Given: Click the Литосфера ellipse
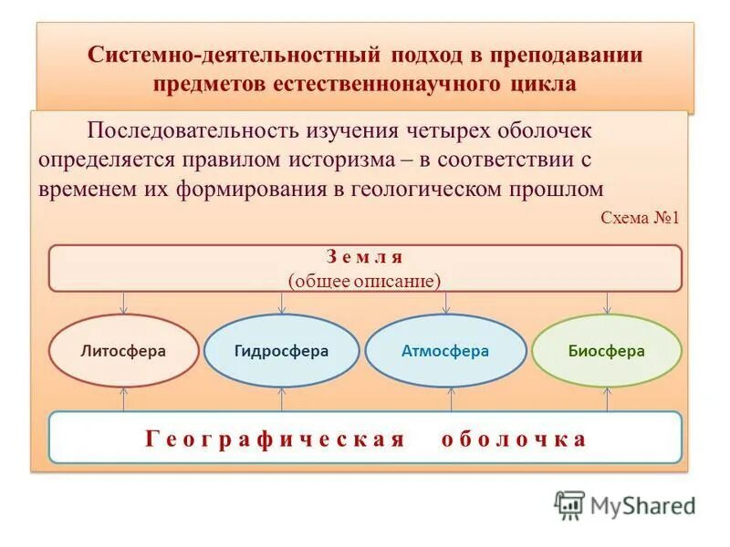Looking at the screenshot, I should (123, 351).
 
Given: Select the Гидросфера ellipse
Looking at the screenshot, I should (281, 351).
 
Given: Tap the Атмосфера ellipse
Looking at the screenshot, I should (445, 351).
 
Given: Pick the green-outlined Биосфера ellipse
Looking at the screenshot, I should (606, 351).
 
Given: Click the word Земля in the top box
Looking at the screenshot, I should (364, 257).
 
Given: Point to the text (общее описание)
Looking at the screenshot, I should (364, 280).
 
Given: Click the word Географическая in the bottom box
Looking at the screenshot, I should (274, 439).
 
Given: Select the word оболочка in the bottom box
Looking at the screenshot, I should (514, 439).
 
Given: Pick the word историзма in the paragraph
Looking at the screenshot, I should (340, 160).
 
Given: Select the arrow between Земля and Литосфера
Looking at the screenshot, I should (123, 303).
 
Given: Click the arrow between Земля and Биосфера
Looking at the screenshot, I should (607, 303).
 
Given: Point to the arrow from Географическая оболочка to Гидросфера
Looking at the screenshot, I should (281, 398).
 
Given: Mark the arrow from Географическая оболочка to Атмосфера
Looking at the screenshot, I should (450, 398).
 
